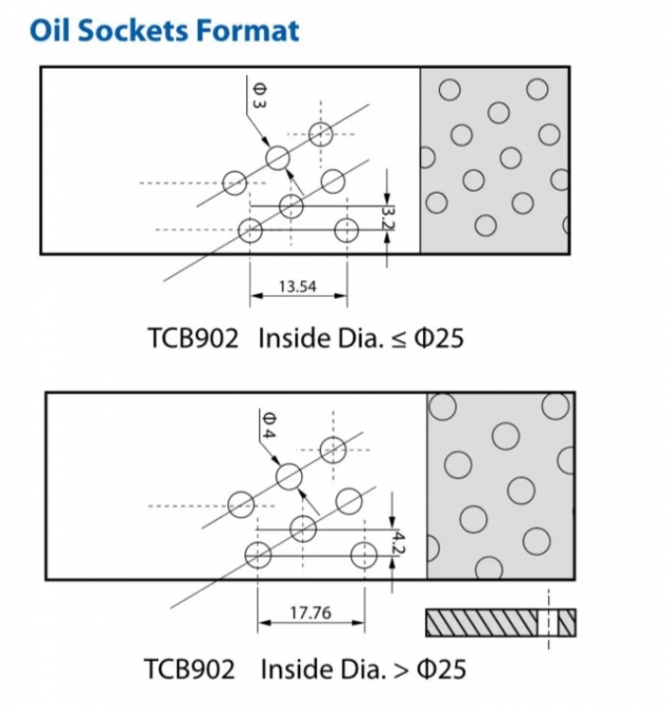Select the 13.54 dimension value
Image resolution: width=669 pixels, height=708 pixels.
297,287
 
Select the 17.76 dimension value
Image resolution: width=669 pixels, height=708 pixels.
310,613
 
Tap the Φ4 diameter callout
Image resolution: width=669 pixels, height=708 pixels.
268,425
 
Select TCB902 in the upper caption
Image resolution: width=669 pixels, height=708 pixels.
192,338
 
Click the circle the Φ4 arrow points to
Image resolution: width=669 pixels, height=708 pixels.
288,477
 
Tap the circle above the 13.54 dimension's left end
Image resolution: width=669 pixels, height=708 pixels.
250,232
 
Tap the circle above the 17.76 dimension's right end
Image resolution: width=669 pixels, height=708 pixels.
364,553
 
